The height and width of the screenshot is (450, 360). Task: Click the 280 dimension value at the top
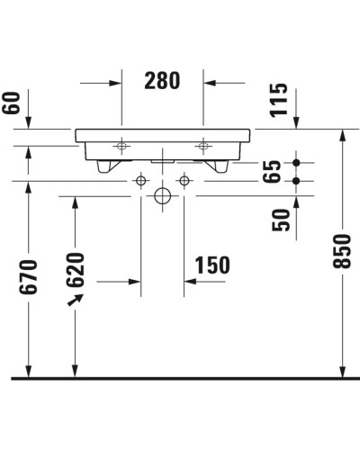(x=162, y=81)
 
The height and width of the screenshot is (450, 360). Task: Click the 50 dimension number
(x=281, y=220)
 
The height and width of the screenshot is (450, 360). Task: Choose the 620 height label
(x=76, y=268)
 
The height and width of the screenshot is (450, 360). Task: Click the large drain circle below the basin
(x=162, y=195)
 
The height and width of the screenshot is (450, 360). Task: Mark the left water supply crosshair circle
(x=139, y=181)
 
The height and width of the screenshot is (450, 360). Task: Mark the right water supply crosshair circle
(x=184, y=181)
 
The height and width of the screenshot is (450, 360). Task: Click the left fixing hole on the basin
(x=121, y=143)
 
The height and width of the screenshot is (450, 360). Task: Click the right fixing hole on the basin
(x=204, y=143)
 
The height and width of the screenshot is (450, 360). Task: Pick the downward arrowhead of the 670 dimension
(x=29, y=370)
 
